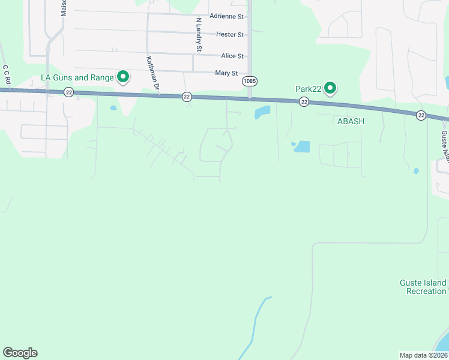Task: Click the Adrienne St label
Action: click(227, 16)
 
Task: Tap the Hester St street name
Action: click(230, 35)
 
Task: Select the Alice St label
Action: click(232, 56)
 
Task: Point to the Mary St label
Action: click(231, 73)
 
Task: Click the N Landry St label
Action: click(199, 34)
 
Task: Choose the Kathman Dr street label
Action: click(152, 73)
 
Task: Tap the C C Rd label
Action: click(7, 74)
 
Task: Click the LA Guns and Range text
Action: click(76, 77)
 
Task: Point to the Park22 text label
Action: click(309, 89)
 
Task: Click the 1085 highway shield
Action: click(250, 80)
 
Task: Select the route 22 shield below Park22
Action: click(304, 103)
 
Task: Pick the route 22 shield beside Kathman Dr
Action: click(187, 96)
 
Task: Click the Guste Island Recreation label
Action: click(423, 287)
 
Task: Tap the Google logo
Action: click(20, 353)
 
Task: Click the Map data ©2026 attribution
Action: click(423, 355)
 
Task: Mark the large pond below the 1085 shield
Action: click(262, 112)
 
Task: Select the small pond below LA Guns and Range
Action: click(113, 109)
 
